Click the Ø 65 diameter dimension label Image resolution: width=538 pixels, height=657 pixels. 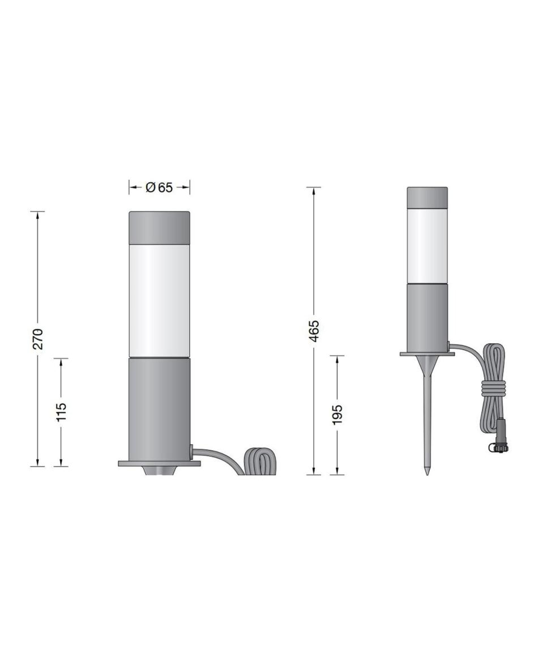point(159,187)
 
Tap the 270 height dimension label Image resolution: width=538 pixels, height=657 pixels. point(38,339)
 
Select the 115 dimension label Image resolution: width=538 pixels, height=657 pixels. point(61,412)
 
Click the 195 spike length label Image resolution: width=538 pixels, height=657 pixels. point(338,415)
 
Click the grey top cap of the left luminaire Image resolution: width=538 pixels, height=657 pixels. point(159,228)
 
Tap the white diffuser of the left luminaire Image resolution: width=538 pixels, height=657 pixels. point(159,301)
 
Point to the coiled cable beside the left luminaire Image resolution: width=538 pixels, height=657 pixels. point(260,462)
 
